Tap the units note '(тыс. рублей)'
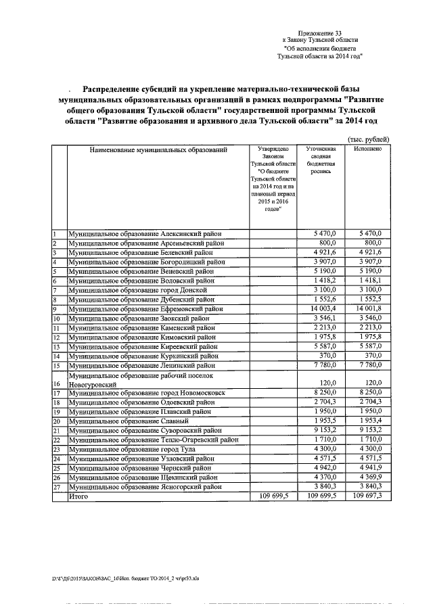tap(369, 138)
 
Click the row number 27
tap(58, 486)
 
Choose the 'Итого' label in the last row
tap(78, 496)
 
